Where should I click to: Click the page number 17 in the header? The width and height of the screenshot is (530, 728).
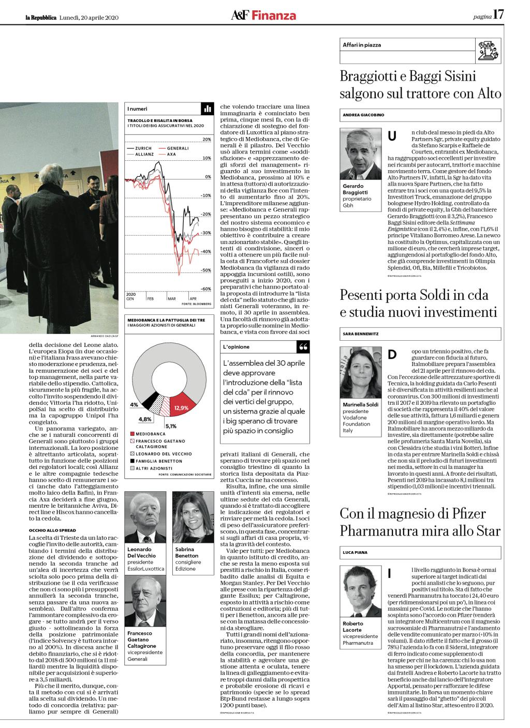pos(498,15)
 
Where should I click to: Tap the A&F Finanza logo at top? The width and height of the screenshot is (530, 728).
pos(264,16)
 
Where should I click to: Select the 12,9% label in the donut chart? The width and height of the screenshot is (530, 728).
pos(181,408)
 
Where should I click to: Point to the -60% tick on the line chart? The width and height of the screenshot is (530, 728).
pos(206,289)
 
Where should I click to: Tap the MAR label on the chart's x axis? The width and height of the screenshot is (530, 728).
pos(171,299)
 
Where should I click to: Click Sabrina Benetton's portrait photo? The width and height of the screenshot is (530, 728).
pos(189,518)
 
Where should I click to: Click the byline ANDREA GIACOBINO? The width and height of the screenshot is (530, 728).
pos(364,115)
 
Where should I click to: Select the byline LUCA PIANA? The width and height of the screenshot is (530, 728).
pos(355,553)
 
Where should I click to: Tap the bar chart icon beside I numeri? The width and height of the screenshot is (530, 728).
pos(207,109)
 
